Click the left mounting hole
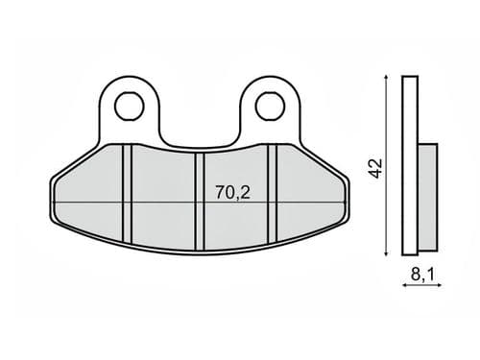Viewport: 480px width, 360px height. (129, 107)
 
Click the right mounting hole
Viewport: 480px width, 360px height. (270, 107)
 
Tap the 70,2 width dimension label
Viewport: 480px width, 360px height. (232, 192)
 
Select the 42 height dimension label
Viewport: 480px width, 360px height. (375, 168)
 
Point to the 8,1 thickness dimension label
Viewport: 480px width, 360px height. (422, 275)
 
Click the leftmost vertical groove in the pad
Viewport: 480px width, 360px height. (127, 194)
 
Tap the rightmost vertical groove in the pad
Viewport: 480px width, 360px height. (273, 194)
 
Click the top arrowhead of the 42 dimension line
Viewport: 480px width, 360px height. (387, 78)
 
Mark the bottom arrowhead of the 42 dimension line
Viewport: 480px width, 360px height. (387, 253)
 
